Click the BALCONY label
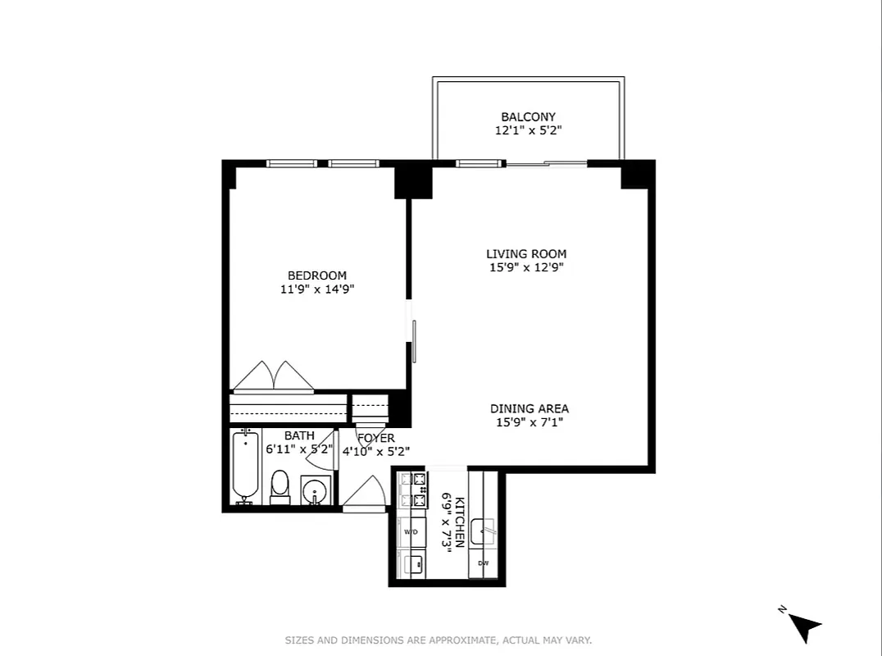[x=528, y=117]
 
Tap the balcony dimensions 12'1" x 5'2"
[x=528, y=130]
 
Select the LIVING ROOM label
[x=525, y=254]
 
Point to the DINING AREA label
[x=529, y=408]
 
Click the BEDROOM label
[x=316, y=276]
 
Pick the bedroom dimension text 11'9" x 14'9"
[x=316, y=289]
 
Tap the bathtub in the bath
[x=244, y=467]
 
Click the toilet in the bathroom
[x=280, y=486]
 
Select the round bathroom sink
[x=315, y=492]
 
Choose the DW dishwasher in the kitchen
[x=484, y=563]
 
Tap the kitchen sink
[x=483, y=531]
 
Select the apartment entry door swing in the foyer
[x=366, y=494]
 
